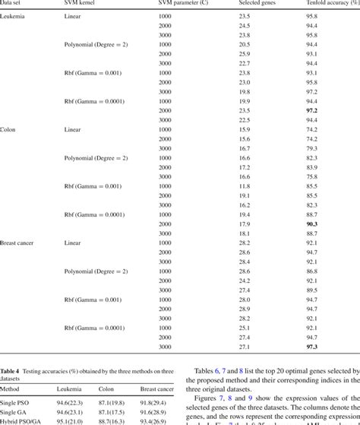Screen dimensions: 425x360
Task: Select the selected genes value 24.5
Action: click(x=245, y=25)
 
